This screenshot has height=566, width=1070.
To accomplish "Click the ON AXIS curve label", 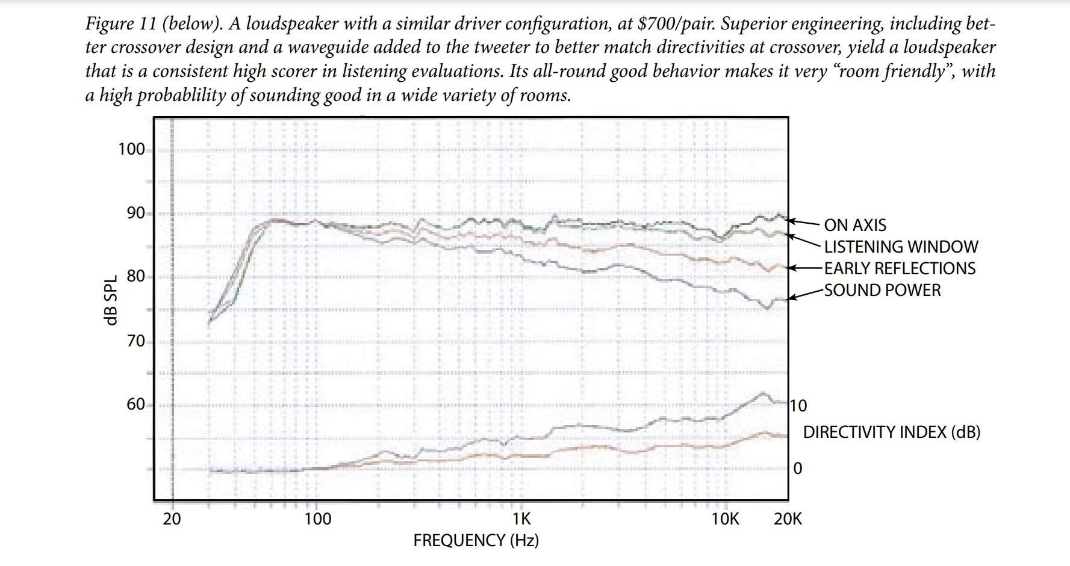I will [854, 225].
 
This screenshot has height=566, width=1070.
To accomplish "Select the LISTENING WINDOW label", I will [901, 247].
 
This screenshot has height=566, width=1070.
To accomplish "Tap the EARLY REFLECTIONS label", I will [900, 268].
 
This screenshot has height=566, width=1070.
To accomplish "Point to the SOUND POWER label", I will [882, 290].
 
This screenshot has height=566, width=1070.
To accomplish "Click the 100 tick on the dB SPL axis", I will [131, 149].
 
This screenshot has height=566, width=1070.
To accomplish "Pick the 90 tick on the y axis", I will [135, 213].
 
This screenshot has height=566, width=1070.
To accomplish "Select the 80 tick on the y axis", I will [135, 276].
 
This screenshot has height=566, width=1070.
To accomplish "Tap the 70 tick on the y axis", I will [135, 341].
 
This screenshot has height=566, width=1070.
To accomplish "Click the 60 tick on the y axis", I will [135, 404].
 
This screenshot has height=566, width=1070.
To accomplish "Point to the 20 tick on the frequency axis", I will [172, 519].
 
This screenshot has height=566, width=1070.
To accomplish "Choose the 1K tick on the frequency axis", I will [521, 519].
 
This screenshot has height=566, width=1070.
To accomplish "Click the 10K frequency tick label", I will [725, 519].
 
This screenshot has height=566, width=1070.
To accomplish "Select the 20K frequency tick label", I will [788, 519].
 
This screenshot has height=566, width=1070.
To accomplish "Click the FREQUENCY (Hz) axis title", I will [476, 540].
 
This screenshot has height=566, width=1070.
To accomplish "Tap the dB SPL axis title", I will [111, 301].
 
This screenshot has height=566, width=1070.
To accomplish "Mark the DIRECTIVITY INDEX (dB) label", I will [892, 432].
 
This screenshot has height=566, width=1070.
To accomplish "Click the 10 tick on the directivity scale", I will [798, 406].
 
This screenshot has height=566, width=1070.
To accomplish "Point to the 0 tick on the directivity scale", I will [798, 468].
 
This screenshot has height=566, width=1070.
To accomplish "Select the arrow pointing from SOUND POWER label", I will [806, 294].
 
